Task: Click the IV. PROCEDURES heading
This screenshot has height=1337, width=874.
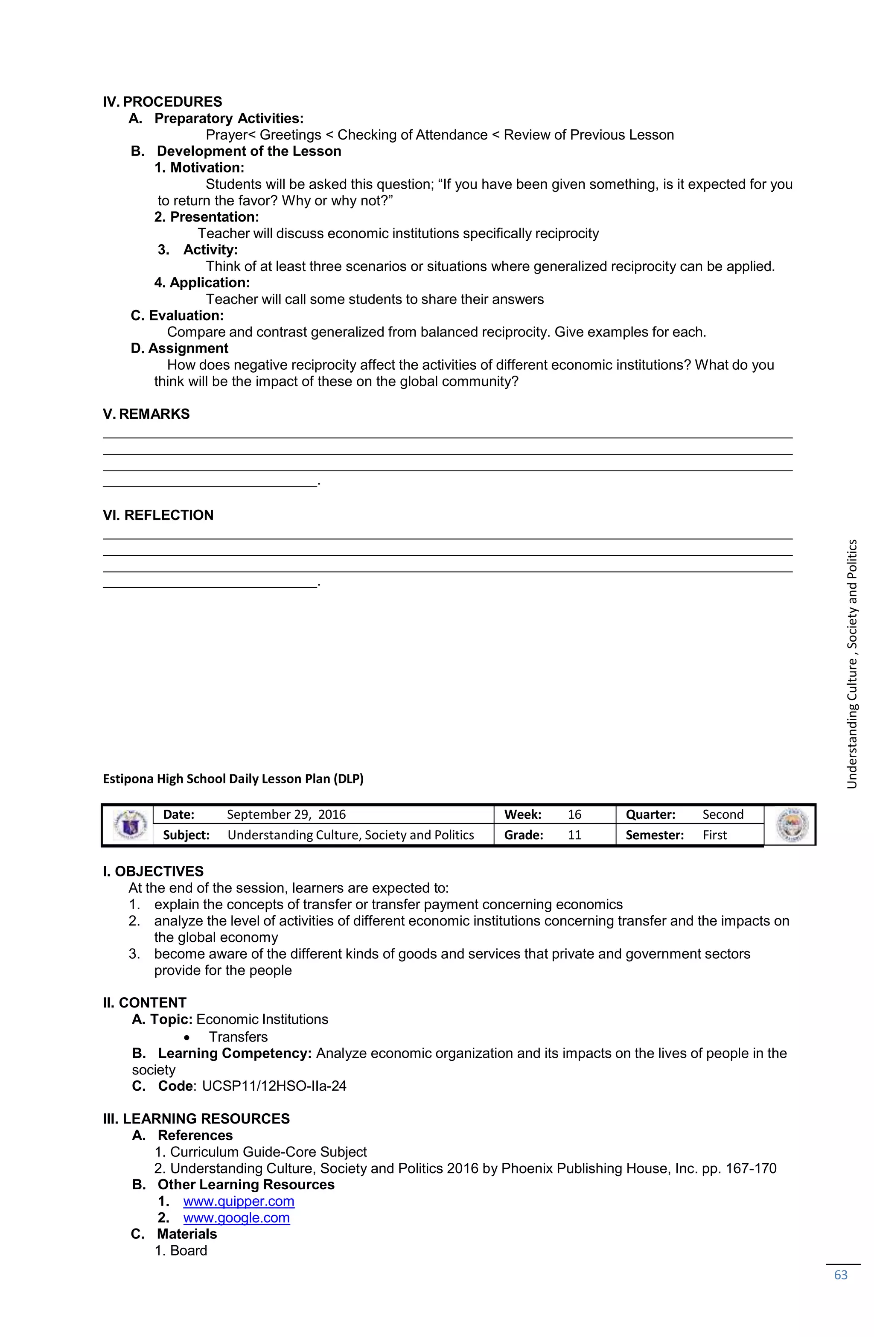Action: point(162,102)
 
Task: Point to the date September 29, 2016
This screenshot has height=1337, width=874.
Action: point(286,814)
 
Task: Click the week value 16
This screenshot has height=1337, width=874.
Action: point(574,814)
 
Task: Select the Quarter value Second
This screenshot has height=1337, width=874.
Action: point(723,814)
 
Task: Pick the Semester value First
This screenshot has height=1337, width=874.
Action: point(714,835)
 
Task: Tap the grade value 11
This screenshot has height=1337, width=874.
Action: point(574,835)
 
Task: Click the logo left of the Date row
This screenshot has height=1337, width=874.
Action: point(130,825)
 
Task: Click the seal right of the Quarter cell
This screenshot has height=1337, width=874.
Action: point(790,825)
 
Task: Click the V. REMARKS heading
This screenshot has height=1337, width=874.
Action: point(146,414)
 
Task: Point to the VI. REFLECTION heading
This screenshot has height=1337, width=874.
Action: point(158,515)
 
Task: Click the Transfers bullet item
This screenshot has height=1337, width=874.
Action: point(238,1036)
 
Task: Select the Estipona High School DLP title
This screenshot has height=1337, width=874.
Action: point(233,779)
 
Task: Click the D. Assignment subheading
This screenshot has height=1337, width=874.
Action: point(179,348)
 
